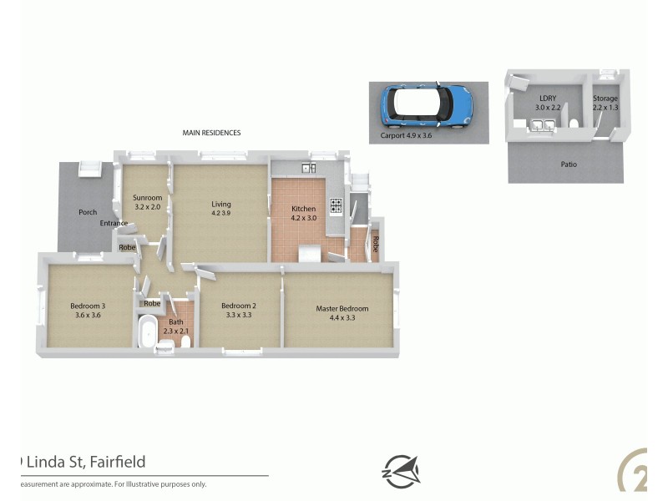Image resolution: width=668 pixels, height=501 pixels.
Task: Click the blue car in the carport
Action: (x=427, y=105)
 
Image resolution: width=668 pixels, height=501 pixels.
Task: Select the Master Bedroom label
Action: (x=342, y=312)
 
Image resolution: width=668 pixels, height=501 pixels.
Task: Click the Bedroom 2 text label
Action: (x=238, y=310)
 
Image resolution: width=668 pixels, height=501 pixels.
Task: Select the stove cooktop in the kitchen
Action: (x=336, y=205)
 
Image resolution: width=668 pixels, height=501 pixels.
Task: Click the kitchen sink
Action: (x=309, y=169)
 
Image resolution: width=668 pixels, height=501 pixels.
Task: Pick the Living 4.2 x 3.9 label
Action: (x=220, y=208)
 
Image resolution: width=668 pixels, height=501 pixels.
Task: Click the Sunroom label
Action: (x=147, y=202)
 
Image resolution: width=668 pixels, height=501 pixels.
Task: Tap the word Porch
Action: (x=88, y=212)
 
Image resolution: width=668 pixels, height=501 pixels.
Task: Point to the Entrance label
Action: (x=114, y=223)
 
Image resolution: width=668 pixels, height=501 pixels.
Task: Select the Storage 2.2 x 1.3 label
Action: (x=605, y=103)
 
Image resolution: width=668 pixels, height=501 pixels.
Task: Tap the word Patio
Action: (x=568, y=164)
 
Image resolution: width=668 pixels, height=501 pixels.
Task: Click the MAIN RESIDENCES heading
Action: (x=212, y=133)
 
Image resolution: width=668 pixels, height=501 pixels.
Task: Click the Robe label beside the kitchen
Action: (x=376, y=244)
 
